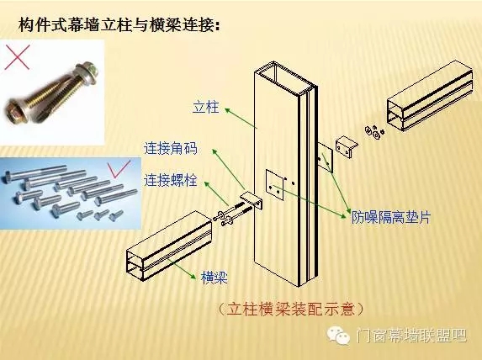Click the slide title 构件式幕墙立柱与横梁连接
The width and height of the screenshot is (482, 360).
point(119,25)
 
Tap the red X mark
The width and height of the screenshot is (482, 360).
point(17,57)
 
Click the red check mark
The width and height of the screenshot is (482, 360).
point(119,169)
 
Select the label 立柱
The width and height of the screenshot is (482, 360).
point(205,107)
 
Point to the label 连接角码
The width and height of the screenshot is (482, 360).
point(170,149)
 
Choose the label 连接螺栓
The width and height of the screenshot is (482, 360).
point(170,180)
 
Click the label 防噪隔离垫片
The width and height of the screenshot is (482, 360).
point(391,217)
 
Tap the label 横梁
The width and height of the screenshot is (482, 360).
point(215,278)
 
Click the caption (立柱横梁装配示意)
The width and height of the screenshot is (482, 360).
point(290,309)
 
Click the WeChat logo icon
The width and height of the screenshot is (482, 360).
point(338,336)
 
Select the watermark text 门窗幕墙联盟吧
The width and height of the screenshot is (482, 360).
point(411,336)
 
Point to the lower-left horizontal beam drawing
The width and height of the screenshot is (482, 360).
point(169,246)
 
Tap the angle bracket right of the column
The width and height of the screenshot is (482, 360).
point(346,147)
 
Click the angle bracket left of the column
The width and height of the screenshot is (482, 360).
point(252,200)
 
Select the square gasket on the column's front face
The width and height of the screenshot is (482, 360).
point(275,185)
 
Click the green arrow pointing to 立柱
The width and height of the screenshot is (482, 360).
point(241,118)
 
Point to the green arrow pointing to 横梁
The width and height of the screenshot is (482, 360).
point(181,268)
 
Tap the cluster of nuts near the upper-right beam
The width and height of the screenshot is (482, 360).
point(374,130)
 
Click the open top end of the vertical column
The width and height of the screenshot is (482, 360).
point(284,77)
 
